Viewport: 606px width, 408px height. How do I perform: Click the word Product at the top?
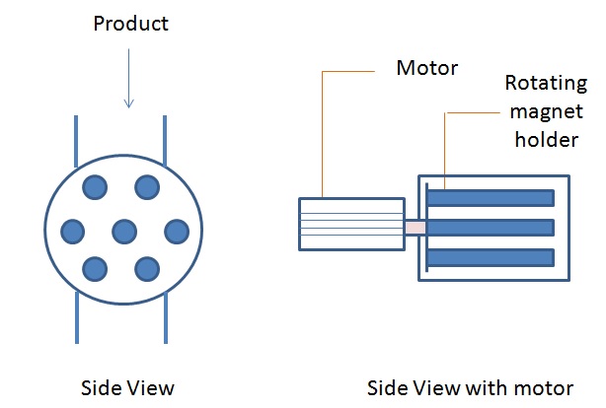tap(130, 24)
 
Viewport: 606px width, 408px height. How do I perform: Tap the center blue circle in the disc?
tap(123, 232)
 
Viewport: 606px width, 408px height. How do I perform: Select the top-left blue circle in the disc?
tap(96, 186)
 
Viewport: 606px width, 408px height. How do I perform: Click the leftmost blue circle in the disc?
tap(72, 232)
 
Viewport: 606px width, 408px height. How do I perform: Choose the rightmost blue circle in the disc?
tap(176, 232)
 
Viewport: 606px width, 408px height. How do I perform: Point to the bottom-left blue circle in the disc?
tap(96, 267)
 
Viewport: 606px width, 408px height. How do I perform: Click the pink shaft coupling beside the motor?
tap(415, 228)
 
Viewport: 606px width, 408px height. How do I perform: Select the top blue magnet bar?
tap(491, 197)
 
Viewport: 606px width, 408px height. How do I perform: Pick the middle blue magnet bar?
tap(491, 229)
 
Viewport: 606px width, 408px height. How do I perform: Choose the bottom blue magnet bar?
tap(491, 260)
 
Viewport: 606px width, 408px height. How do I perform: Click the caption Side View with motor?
tap(470, 386)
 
